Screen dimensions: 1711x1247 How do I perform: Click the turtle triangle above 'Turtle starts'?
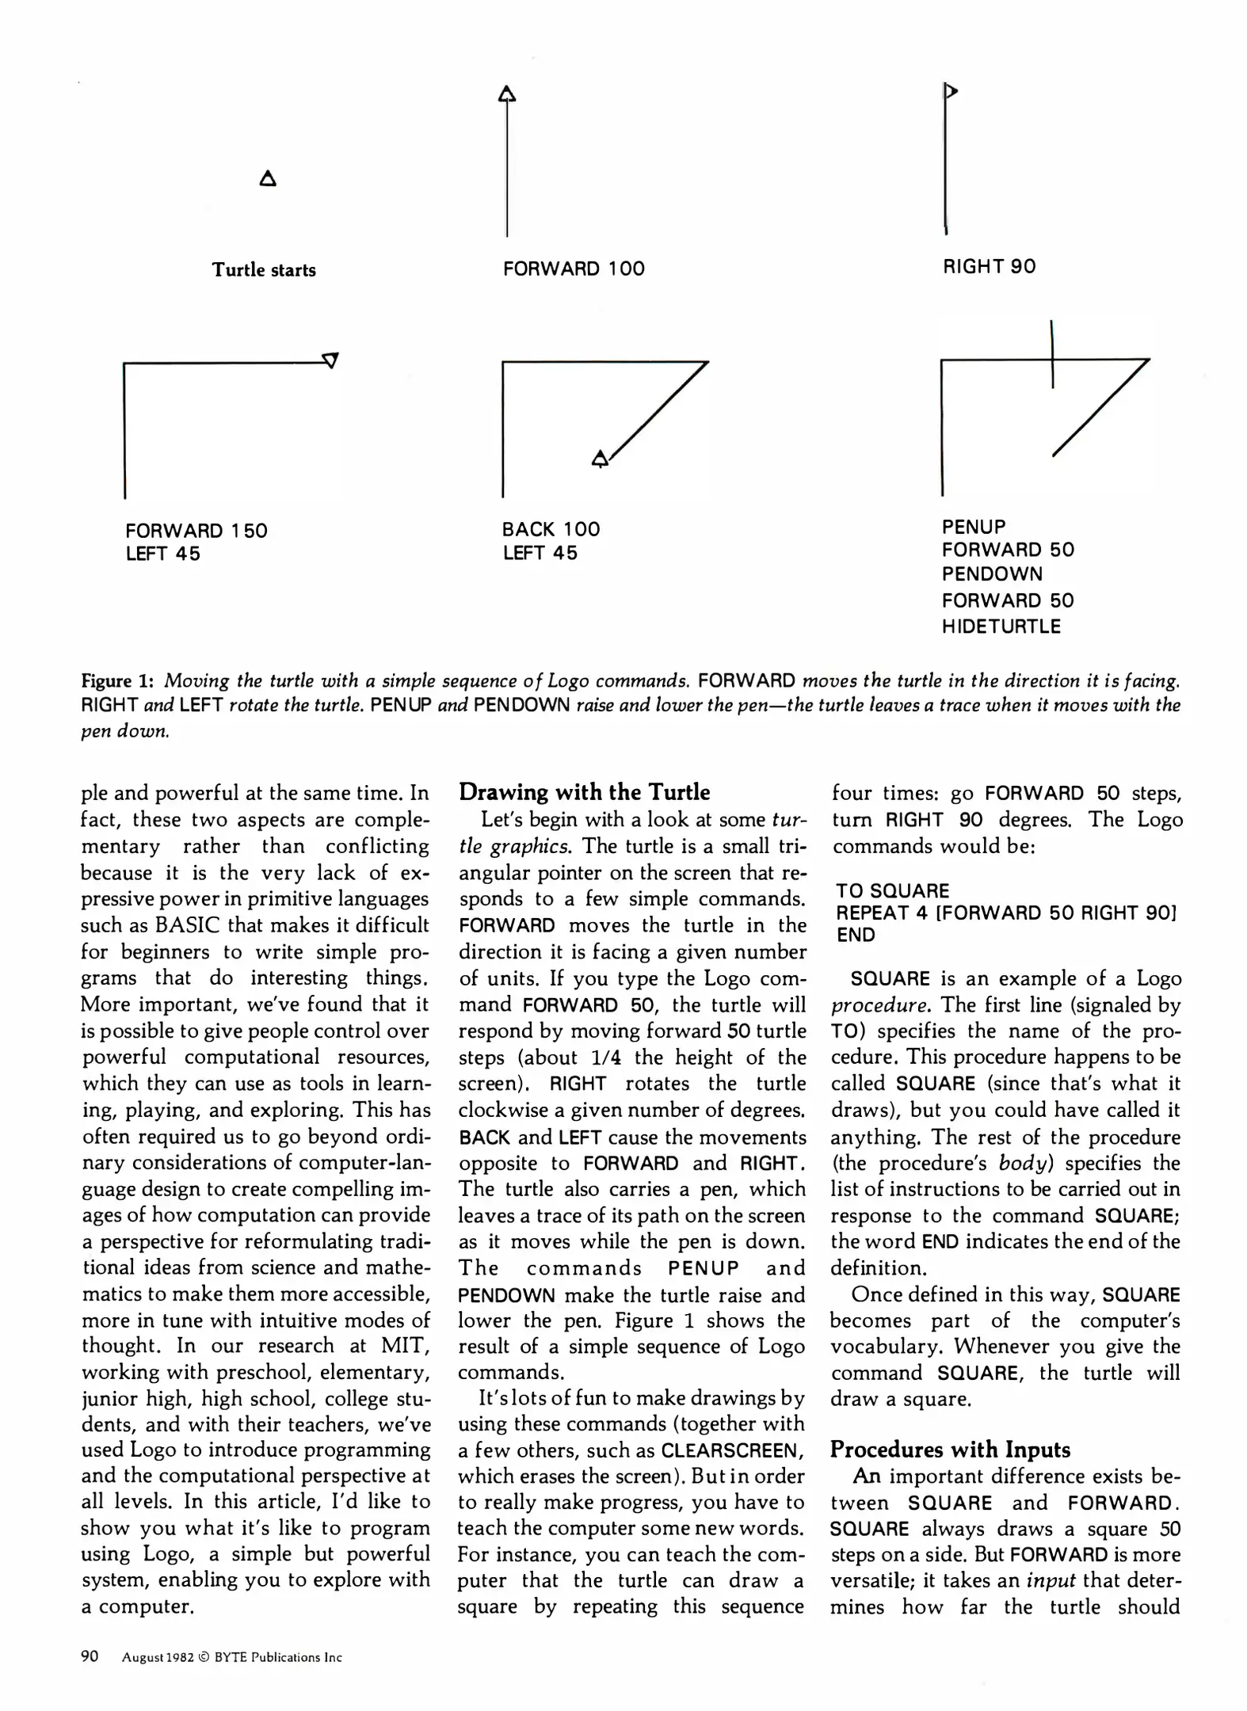[268, 179]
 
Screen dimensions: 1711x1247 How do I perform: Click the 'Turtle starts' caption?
[263, 270]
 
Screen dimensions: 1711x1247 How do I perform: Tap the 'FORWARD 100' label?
[574, 269]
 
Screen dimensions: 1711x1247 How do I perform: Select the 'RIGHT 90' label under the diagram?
[989, 267]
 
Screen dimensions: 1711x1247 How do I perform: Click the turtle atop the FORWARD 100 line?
[507, 95]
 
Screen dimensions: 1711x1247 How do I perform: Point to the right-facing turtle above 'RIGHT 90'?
[951, 92]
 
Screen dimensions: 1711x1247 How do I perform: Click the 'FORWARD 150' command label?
[196, 531]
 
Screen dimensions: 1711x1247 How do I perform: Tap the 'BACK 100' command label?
[551, 529]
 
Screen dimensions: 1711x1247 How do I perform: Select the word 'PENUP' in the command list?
[973, 527]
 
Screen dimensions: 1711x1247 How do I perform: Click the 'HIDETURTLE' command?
[1001, 627]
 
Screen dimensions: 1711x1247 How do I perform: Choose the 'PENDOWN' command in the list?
[992, 574]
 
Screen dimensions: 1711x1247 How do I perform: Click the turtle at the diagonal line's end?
[601, 459]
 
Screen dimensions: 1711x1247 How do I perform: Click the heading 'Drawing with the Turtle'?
[584, 792]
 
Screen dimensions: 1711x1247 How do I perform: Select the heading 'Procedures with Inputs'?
[949, 1450]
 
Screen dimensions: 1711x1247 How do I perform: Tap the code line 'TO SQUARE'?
[892, 891]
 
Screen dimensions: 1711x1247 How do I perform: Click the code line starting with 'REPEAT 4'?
[1005, 913]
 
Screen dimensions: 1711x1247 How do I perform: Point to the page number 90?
[90, 1656]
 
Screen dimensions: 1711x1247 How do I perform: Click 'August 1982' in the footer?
[158, 1657]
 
